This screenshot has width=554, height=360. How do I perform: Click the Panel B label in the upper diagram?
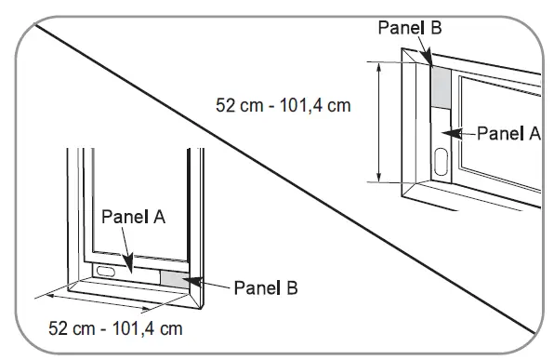(x=410, y=27)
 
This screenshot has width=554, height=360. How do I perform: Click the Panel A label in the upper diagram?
(x=508, y=133)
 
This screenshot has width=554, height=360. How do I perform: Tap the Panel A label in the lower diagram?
(x=134, y=217)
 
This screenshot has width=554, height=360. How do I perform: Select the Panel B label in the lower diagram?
(x=266, y=287)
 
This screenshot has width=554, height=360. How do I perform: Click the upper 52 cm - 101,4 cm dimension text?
(x=284, y=105)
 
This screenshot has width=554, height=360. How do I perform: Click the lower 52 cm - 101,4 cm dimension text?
(x=115, y=328)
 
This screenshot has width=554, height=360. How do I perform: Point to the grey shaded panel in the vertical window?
(x=441, y=87)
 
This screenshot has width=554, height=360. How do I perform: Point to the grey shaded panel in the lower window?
(x=175, y=280)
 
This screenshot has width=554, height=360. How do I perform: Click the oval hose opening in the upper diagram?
(x=441, y=162)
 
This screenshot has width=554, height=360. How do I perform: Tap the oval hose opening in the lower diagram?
(x=106, y=272)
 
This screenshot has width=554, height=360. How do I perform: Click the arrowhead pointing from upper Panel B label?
(x=428, y=58)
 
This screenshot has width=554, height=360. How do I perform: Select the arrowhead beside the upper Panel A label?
(x=452, y=133)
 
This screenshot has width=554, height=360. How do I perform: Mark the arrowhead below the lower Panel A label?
(x=128, y=262)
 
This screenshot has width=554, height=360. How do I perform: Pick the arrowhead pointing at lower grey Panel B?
(x=191, y=281)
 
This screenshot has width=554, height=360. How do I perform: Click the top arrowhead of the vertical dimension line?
(x=378, y=68)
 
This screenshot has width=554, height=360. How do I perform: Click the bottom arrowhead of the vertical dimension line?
(x=378, y=177)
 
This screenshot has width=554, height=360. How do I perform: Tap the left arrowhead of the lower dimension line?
(x=50, y=296)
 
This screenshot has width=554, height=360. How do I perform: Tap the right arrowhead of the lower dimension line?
(x=146, y=310)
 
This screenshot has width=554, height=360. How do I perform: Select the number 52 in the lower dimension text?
(x=58, y=328)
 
